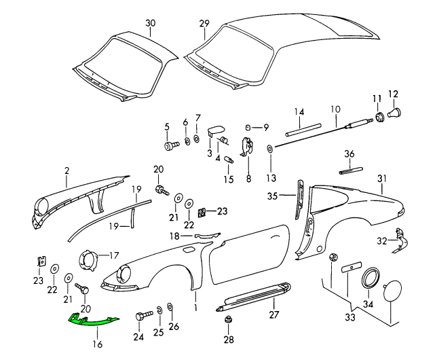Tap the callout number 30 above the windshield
pyautogui.click(x=150, y=23)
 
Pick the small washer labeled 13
pyautogui.click(x=271, y=149)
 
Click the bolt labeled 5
pyautogui.click(x=170, y=144)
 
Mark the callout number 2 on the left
pyautogui.click(x=67, y=172)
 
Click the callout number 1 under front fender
pyautogui.click(x=197, y=306)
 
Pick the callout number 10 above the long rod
pyautogui.click(x=335, y=109)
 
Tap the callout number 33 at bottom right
pyautogui.click(x=349, y=317)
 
